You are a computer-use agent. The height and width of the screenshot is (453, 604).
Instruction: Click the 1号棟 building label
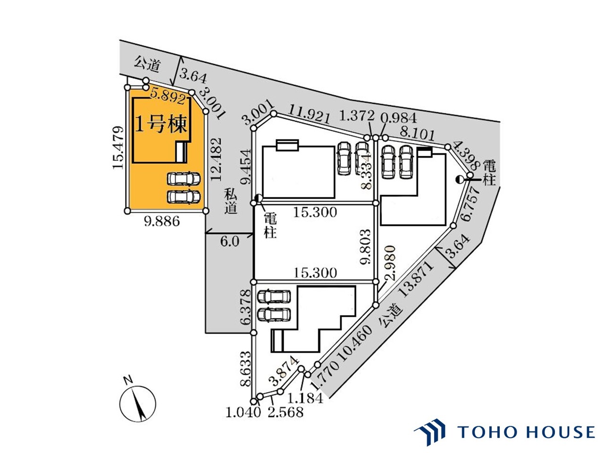coord(161,125)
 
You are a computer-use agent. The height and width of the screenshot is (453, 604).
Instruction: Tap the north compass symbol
coord(137,404)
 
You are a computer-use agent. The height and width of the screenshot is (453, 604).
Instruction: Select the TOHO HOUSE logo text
coord(526,432)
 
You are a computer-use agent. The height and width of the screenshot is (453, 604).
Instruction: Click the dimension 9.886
coord(162,221)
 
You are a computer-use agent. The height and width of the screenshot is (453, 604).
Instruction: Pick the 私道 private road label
coord(230,201)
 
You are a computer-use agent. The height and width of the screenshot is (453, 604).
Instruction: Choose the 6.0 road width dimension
coord(230,242)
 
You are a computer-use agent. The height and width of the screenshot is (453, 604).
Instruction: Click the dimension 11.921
coord(309,114)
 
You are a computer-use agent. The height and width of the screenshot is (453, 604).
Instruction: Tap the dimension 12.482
coord(216,159)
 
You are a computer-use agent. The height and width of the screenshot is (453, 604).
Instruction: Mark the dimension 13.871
coord(416,278)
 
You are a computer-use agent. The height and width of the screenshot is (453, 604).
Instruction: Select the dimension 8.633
coord(245,369)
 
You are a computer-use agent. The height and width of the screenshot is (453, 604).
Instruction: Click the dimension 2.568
coord(285,412)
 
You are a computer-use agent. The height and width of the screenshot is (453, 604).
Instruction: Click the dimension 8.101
coord(417,134)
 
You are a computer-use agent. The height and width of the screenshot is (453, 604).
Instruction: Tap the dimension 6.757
coord(470,204)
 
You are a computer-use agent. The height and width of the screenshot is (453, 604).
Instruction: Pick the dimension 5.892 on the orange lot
coord(168,97)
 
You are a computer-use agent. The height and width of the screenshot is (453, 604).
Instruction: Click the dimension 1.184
coord(305,398)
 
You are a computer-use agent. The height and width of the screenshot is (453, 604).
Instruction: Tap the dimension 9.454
coord(245,166)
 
